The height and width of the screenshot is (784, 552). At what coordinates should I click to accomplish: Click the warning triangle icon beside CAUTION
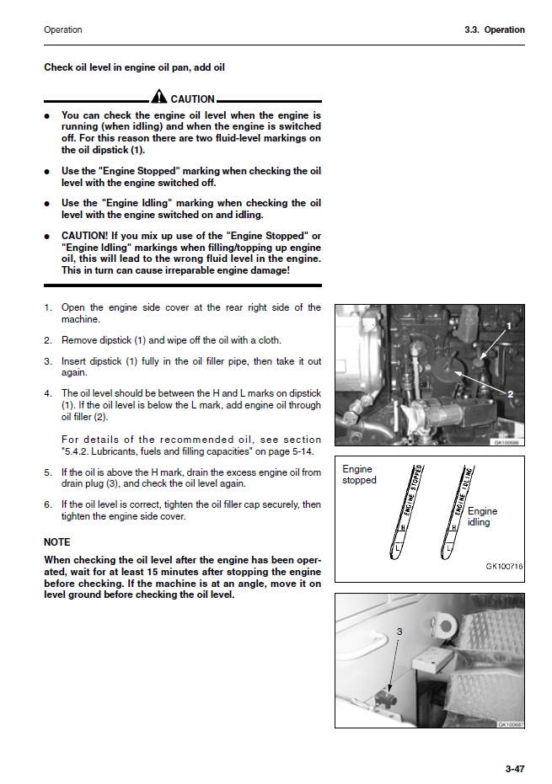(159, 98)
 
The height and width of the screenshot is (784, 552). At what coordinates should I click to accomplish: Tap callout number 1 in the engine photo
(509, 325)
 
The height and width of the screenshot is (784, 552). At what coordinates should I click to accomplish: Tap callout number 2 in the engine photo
(510, 394)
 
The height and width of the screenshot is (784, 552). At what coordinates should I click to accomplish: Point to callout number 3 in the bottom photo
(399, 632)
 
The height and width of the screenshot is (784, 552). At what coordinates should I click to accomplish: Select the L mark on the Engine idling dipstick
(449, 545)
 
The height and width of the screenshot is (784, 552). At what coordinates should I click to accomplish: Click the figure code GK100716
(504, 567)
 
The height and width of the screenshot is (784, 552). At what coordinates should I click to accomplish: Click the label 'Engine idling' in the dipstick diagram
(482, 516)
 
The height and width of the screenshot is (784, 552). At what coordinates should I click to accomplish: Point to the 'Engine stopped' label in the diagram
(359, 475)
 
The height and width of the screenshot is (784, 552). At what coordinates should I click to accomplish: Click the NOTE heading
(56, 541)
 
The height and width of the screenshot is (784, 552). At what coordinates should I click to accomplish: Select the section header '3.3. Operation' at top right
(494, 29)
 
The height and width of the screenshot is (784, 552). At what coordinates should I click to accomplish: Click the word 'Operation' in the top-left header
(63, 29)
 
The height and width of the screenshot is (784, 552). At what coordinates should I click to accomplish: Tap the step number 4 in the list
(48, 393)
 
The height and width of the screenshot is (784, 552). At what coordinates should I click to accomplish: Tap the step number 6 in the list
(48, 504)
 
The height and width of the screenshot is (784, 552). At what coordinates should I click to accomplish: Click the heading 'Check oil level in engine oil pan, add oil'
(134, 67)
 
